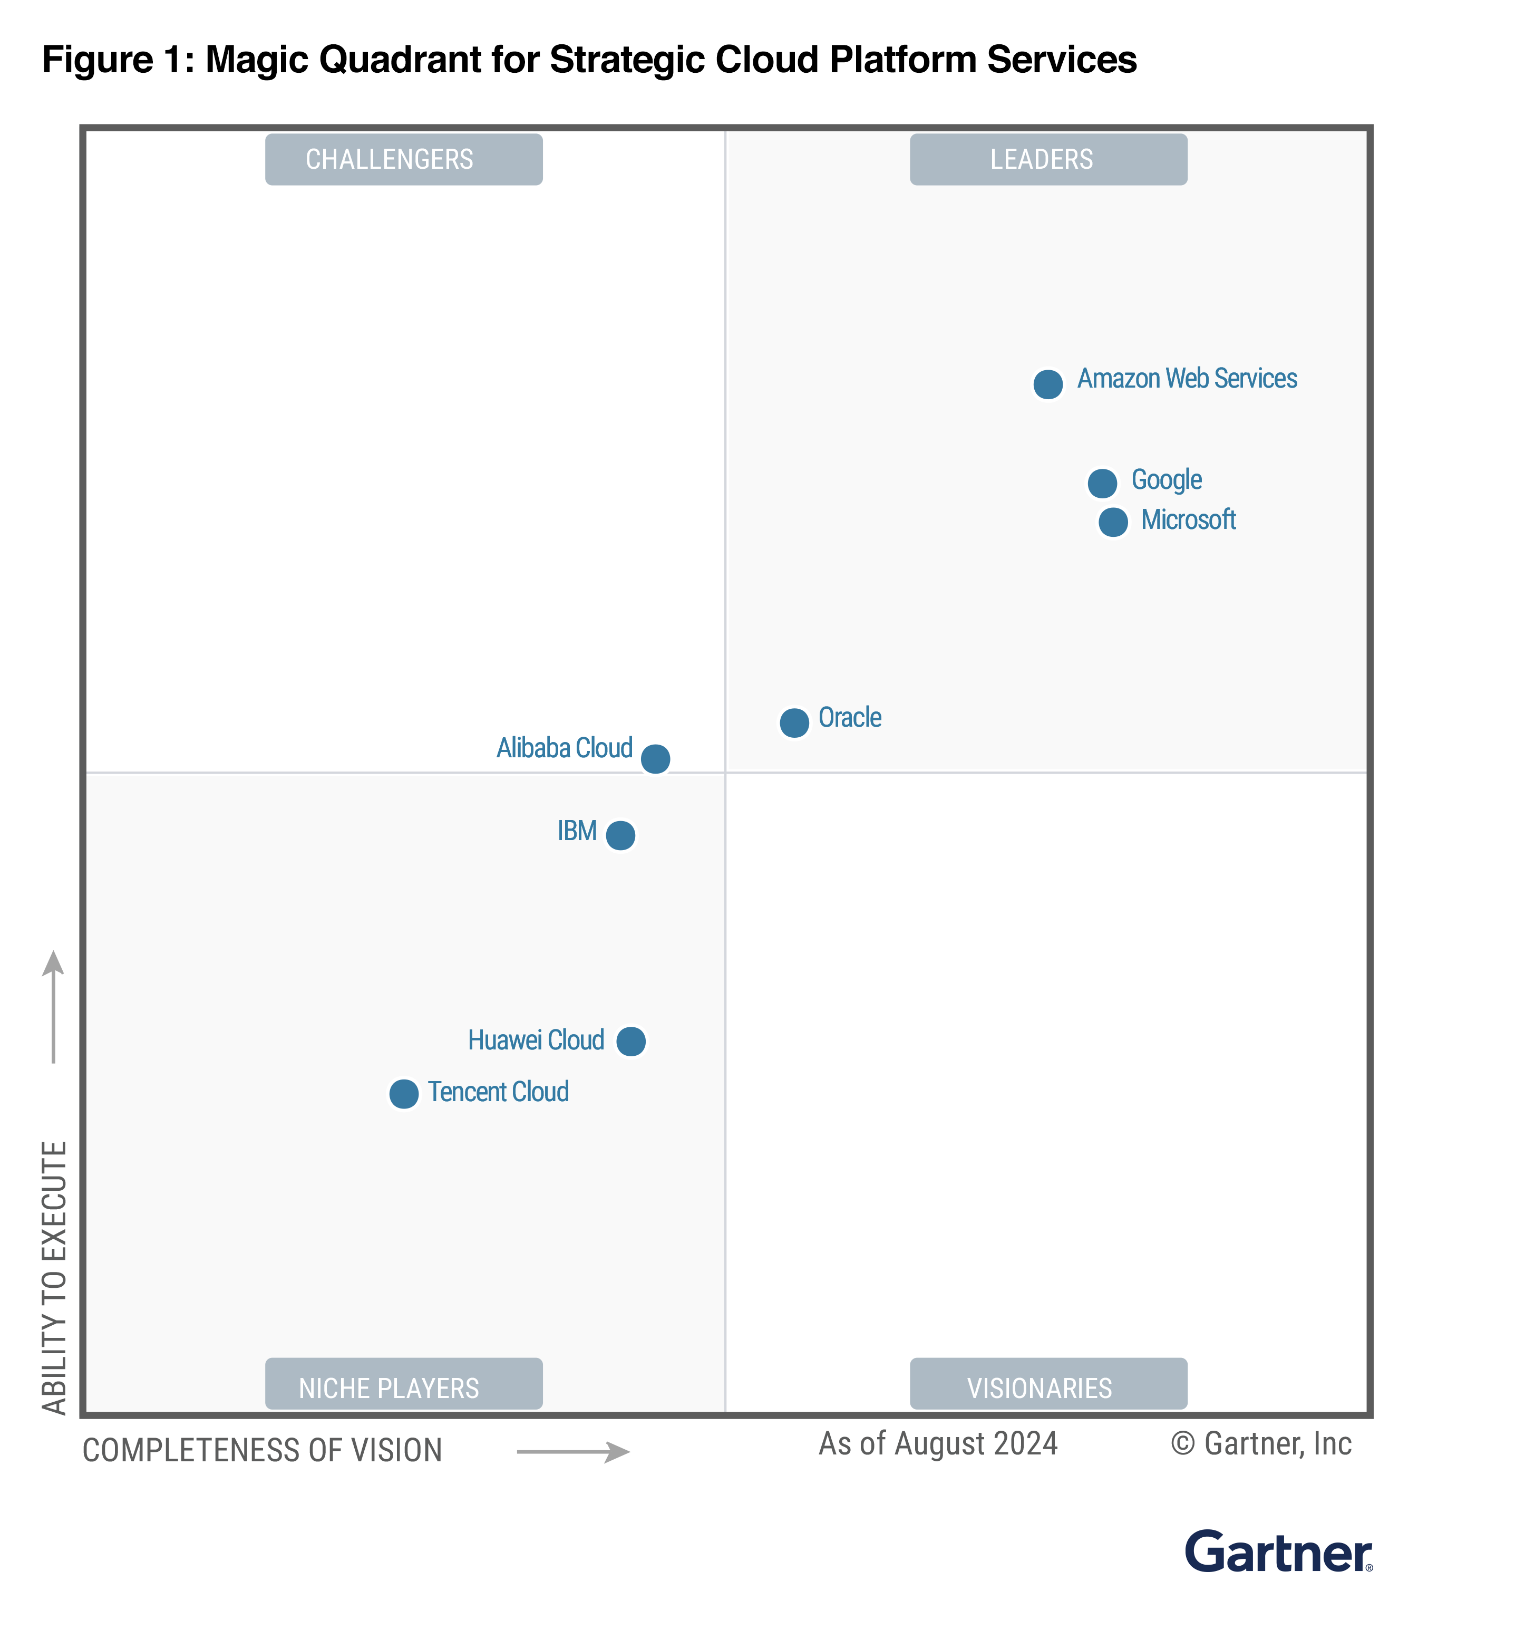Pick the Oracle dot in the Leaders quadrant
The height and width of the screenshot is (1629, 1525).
[794, 722]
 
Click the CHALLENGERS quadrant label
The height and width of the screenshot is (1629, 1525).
[403, 159]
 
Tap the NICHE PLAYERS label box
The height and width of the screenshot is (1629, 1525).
[403, 1386]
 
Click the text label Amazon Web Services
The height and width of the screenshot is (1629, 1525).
[1186, 379]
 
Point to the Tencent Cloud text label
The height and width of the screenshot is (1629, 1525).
[498, 1092]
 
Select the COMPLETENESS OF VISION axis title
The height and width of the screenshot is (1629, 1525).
[262, 1450]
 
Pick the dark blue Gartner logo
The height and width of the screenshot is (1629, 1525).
[1278, 1552]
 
